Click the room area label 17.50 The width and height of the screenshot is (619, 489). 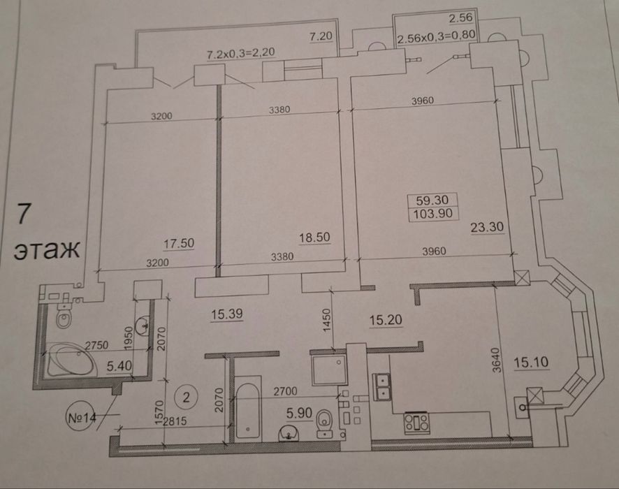[179, 243]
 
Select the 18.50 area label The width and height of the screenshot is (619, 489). [314, 238]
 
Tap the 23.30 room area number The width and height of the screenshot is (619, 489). [487, 227]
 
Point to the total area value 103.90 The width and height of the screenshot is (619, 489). [433, 214]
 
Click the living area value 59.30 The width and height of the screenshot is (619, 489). [432, 200]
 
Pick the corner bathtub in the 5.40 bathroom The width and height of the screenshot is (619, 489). [71, 360]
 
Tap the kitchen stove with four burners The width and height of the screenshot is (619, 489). [416, 423]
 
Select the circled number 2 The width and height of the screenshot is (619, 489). [186, 397]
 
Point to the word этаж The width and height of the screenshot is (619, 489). [47, 250]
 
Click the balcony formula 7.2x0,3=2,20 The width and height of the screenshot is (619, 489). [241, 53]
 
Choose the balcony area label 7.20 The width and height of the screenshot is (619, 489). [321, 36]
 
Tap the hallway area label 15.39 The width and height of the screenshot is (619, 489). [226, 314]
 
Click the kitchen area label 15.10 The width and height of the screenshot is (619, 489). [531, 362]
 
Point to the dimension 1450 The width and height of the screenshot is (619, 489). [327, 320]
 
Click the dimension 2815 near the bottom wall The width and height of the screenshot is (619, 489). [175, 421]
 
